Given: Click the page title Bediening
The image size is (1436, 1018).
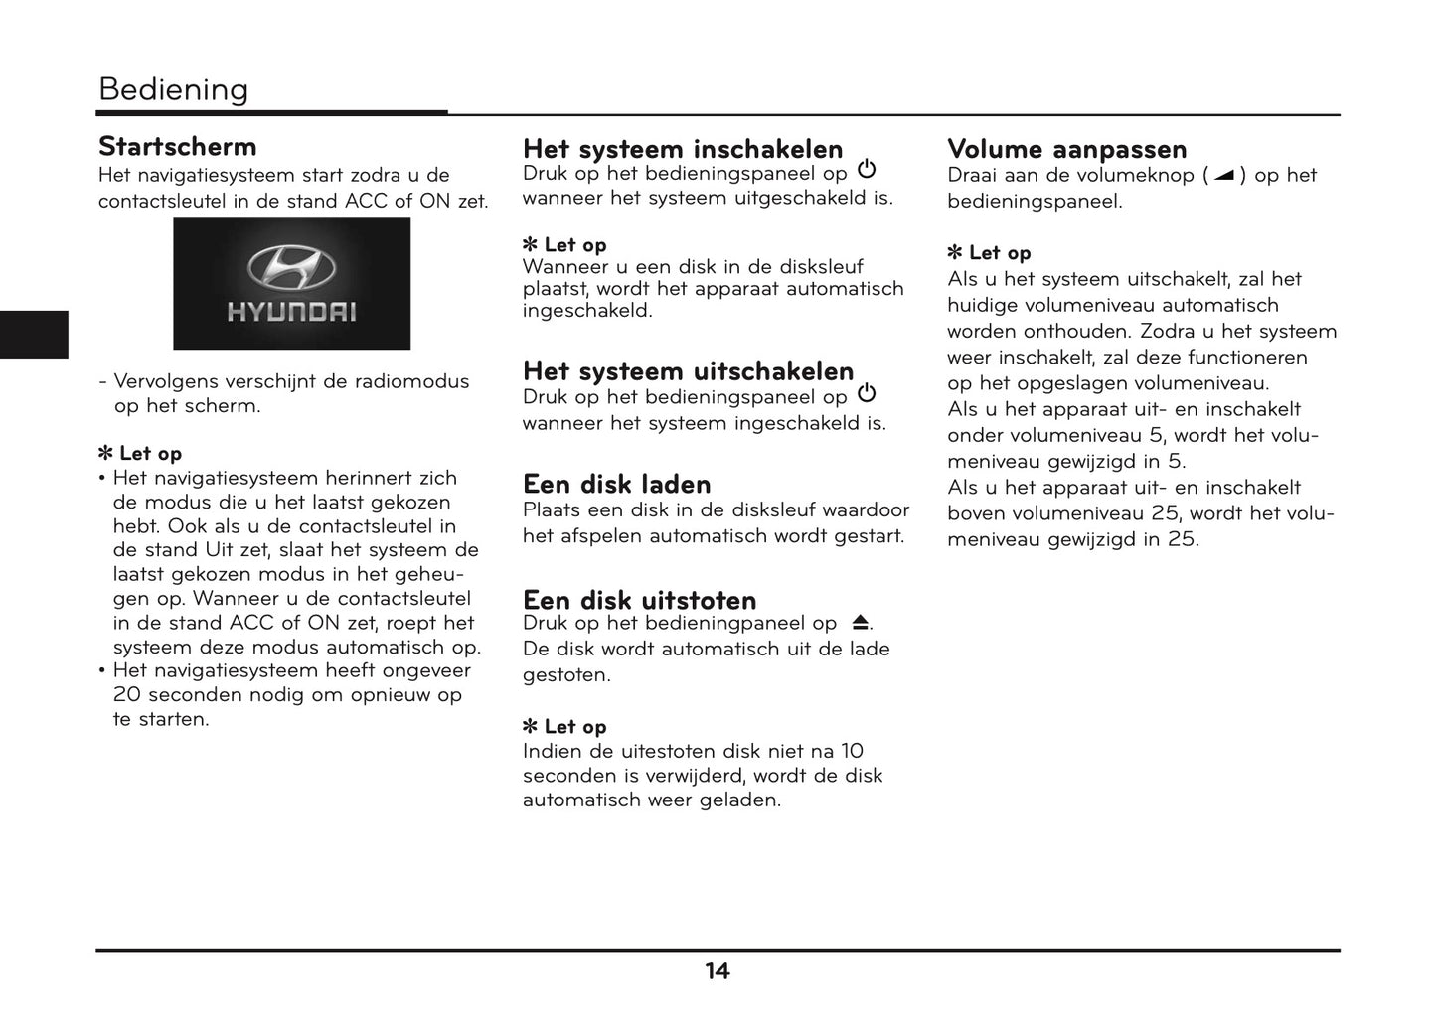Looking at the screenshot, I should pos(173,89).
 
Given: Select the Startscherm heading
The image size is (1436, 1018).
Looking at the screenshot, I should pos(177,147).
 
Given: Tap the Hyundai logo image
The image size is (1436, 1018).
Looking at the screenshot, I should pos(291,283).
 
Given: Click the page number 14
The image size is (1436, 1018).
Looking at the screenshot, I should pos(717,971).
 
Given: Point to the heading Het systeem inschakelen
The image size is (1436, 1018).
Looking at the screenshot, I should pos(682,149).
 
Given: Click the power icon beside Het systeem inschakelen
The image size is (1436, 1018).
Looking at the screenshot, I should pos(867,170).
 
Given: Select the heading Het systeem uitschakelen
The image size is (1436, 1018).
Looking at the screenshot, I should pos(688,370).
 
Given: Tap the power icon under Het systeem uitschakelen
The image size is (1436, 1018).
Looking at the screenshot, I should pos(867,394).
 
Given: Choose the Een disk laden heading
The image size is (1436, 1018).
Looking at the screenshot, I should pos(616,484).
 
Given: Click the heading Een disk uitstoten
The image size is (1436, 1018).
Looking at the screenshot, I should pos(639,600).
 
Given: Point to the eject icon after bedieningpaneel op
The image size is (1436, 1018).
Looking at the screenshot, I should pos(860,623).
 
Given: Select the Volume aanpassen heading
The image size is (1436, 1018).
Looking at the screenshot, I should pos(1066,149).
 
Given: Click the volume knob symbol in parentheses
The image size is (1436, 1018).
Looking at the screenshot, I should pos(1223,176).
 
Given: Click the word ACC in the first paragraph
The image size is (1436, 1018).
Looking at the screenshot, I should pos(367,201).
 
